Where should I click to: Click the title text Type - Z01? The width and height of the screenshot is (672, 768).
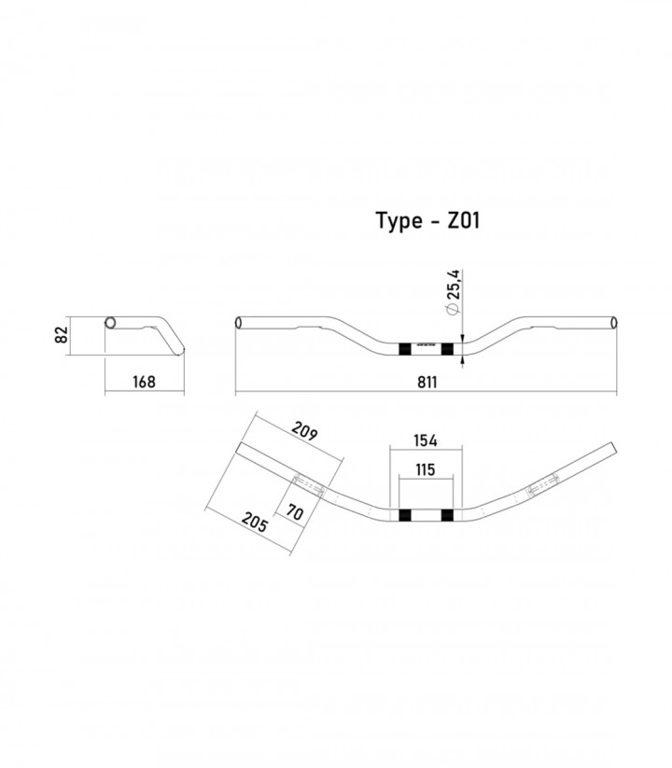427,221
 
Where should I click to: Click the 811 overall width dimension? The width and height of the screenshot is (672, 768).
427,382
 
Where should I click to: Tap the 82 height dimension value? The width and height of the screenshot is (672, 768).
62,335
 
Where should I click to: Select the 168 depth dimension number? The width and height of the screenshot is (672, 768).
144,382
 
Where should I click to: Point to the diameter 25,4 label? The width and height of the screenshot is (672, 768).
454,291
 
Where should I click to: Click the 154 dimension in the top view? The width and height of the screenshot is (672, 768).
426,440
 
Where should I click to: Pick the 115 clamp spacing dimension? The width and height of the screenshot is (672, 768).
426,469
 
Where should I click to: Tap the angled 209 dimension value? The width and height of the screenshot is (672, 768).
304,431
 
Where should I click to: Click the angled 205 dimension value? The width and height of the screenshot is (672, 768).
255,523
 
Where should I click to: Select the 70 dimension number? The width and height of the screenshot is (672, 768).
294,512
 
